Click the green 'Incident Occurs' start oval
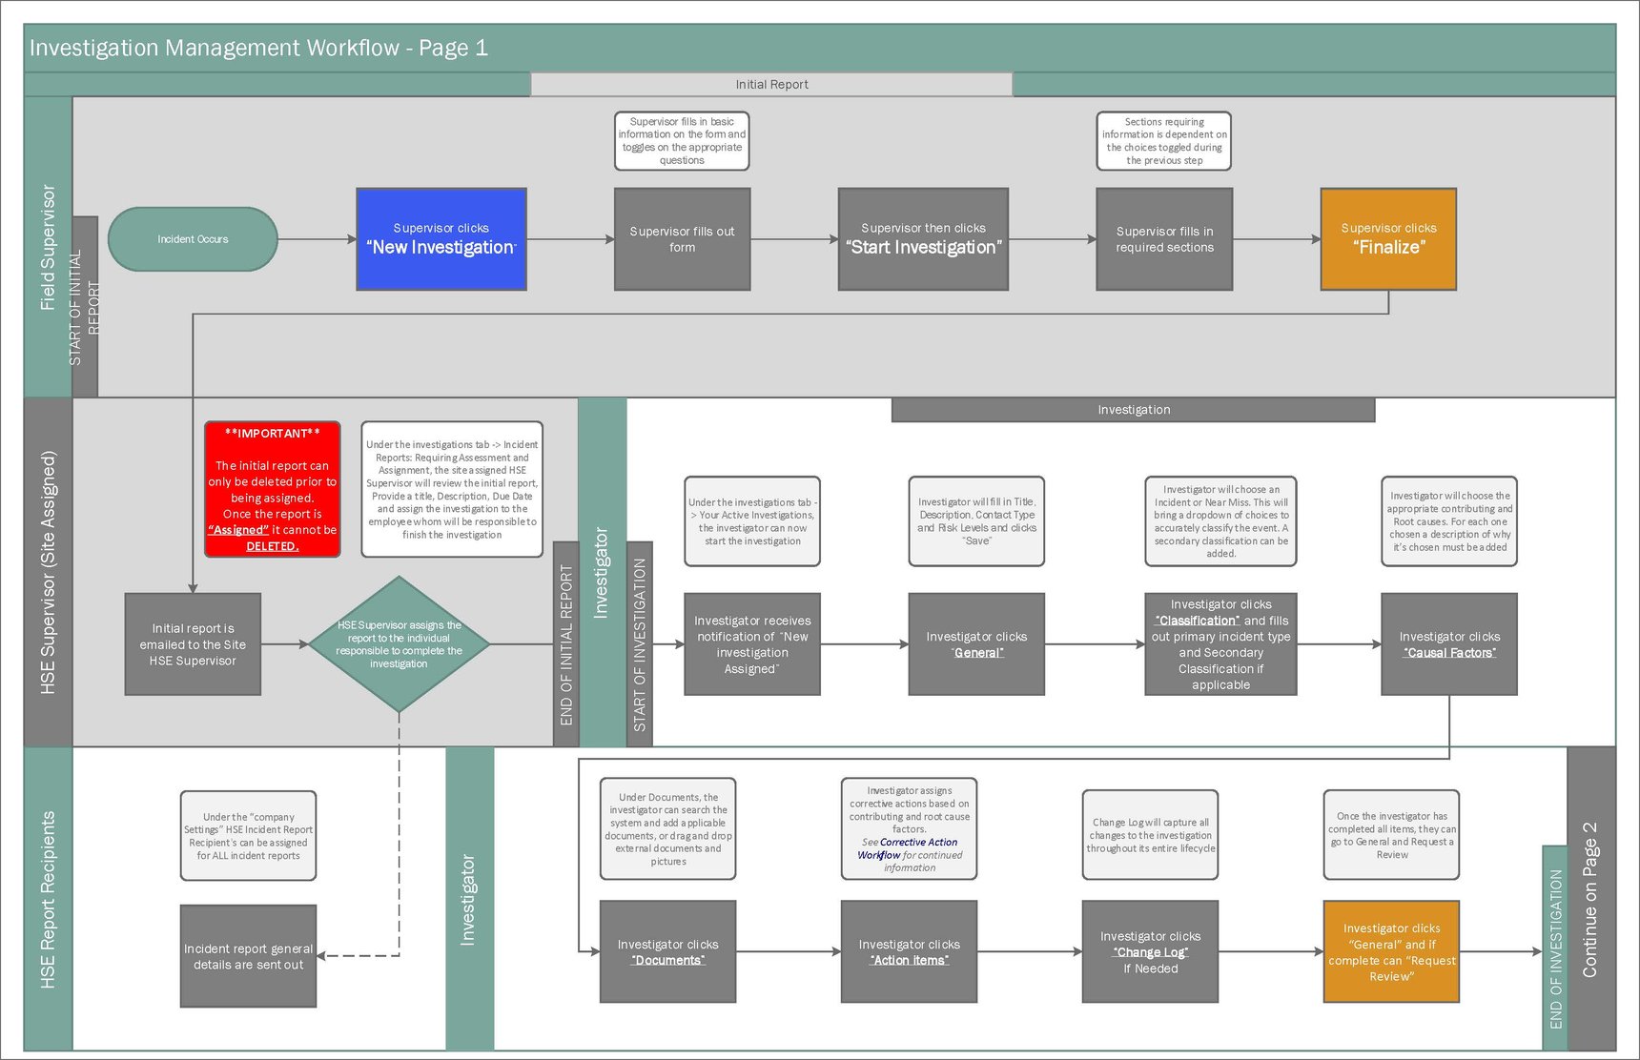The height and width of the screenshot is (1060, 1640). click(x=193, y=239)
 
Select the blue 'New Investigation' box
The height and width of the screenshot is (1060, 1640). click(x=441, y=239)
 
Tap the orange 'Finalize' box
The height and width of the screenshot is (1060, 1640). click(x=1388, y=239)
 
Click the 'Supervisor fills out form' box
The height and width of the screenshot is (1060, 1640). click(x=682, y=239)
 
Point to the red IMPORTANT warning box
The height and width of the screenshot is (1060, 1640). click(x=273, y=489)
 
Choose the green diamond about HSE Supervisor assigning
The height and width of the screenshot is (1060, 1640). click(x=400, y=644)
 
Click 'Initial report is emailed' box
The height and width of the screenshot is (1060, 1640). click(x=193, y=644)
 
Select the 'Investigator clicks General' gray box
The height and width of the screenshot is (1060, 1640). click(x=976, y=644)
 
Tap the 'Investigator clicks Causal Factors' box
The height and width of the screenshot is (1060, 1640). click(x=1449, y=644)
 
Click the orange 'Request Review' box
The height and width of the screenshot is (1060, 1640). click(x=1391, y=951)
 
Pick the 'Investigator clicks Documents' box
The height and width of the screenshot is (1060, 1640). click(x=667, y=951)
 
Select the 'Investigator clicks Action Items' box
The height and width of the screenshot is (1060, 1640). click(x=909, y=951)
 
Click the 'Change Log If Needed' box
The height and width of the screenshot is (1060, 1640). click(x=1150, y=951)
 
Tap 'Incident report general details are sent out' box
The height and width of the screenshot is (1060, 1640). click(x=248, y=956)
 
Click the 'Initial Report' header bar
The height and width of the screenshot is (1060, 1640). click(x=771, y=85)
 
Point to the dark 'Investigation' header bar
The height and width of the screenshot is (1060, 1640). click(x=1133, y=410)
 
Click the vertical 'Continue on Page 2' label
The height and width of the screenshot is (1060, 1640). click(x=1589, y=899)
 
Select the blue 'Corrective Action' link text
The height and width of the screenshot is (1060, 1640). click(x=918, y=843)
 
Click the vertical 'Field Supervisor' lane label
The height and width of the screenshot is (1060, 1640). click(x=48, y=248)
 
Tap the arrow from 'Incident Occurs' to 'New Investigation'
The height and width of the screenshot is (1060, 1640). click(x=317, y=239)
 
